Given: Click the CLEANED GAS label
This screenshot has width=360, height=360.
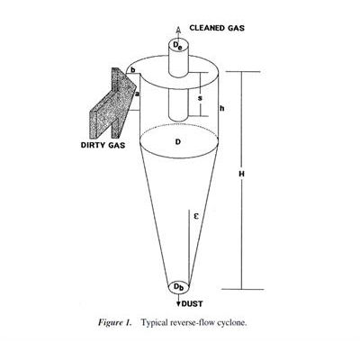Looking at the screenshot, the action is click(217, 28).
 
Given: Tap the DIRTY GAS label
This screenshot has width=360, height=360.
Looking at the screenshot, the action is click(103, 145).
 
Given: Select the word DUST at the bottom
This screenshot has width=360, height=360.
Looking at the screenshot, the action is click(193, 304).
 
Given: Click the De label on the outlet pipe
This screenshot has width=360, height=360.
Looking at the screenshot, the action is click(178, 46).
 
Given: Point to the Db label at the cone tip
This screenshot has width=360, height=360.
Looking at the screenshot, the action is click(179, 287).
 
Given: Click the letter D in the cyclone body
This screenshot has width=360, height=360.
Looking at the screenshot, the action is click(178, 141).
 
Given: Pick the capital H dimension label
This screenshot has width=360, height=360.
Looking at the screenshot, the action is click(241, 174).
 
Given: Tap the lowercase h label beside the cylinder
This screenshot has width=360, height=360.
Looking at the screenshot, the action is click(222, 109).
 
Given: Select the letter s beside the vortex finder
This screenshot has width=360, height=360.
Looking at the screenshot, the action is click(201, 98).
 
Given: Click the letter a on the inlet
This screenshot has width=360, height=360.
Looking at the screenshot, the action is click(138, 94).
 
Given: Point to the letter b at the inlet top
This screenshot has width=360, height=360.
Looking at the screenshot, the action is click(133, 70).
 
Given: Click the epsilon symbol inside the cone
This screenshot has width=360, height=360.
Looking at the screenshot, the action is click(196, 216).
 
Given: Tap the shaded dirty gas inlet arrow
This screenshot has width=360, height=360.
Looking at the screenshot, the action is click(113, 102).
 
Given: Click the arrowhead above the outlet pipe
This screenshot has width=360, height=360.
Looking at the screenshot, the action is click(178, 30).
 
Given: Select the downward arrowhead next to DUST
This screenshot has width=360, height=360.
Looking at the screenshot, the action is click(178, 304).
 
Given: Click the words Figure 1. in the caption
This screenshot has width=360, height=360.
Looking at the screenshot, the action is click(115, 323).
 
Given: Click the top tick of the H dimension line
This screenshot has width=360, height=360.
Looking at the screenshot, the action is click(242, 72).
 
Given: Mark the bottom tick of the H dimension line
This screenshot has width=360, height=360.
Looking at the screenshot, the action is click(242, 289).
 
